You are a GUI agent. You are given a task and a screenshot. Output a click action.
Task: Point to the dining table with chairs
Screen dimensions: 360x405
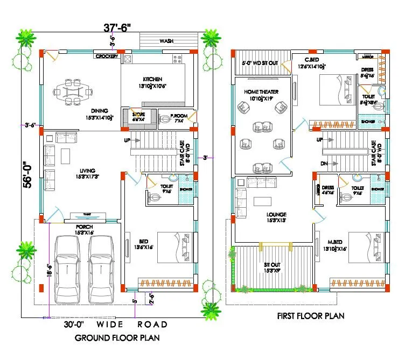pyautogui.click(x=74, y=92)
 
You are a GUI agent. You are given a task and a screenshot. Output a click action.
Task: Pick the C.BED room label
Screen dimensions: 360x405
pyautogui.click(x=311, y=60)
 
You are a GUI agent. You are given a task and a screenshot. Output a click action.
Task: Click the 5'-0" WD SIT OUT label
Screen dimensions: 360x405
pyautogui.click(x=261, y=63)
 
